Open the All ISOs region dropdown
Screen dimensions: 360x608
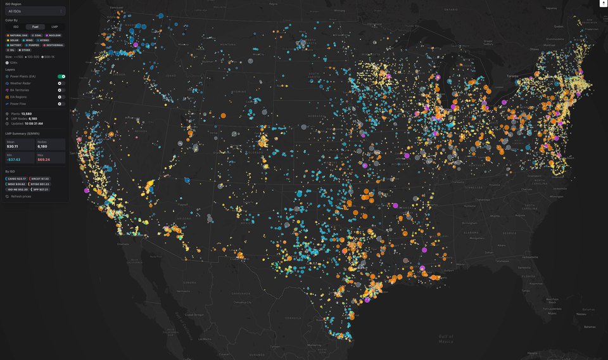[x=34, y=11]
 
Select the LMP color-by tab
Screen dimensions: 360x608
[x=54, y=27]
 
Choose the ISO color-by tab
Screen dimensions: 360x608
[x=15, y=27]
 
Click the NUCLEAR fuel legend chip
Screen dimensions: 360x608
[x=54, y=35]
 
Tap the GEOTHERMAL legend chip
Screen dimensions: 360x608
[x=54, y=45]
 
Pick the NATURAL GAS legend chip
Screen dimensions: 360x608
[x=16, y=35]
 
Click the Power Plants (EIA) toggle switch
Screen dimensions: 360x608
[x=61, y=76]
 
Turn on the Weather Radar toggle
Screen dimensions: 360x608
[x=61, y=83]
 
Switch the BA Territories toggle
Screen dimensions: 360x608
[x=61, y=90]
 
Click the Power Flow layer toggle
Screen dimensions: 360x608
[x=61, y=103]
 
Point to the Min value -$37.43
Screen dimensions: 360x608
[x=13, y=159]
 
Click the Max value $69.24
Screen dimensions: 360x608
[x=44, y=159]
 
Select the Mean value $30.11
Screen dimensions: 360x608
[x=13, y=146]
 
